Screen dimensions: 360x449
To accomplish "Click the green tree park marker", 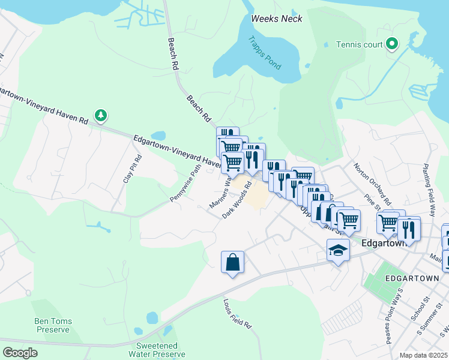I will [x=101, y=115].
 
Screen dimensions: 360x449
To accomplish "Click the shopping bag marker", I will [x=232, y=262].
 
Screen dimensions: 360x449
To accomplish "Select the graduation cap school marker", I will [x=338, y=250].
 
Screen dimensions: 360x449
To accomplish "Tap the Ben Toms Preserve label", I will [x=54, y=325].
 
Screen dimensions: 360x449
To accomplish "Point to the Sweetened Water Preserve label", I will [x=156, y=350].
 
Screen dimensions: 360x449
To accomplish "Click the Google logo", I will [x=20, y=352].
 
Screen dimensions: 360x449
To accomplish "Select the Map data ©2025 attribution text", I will [x=424, y=355].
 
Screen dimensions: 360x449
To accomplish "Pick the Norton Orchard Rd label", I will [x=372, y=184].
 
